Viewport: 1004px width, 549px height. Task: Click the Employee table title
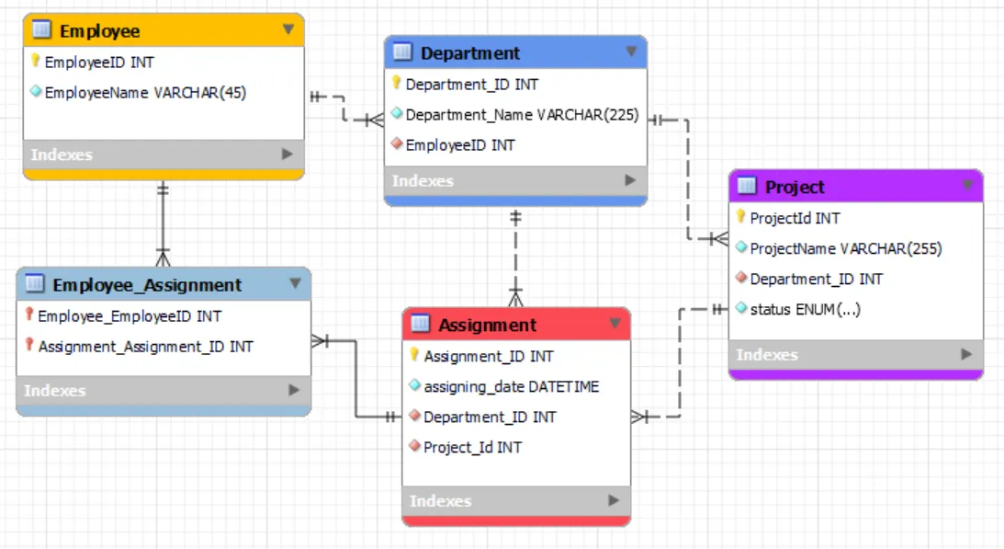pyautogui.click(x=99, y=31)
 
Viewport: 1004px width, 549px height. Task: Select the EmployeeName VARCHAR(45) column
pyautogui.click(x=145, y=92)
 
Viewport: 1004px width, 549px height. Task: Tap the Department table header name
pyautogui.click(x=470, y=53)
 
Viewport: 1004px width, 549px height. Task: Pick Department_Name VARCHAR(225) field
pyautogui.click(x=522, y=115)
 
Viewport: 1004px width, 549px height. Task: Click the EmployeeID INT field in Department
pyautogui.click(x=459, y=145)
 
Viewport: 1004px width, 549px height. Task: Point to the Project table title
pyautogui.click(x=795, y=188)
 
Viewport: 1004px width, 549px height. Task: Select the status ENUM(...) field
pyautogui.click(x=805, y=309)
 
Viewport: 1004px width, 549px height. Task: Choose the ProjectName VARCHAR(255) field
pyautogui.click(x=845, y=248)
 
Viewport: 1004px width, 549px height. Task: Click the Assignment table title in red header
pyautogui.click(x=487, y=326)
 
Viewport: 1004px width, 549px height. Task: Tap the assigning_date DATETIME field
pyautogui.click(x=511, y=386)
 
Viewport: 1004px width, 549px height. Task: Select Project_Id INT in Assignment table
pyautogui.click(x=472, y=447)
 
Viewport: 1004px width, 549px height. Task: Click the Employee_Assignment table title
pyautogui.click(x=147, y=285)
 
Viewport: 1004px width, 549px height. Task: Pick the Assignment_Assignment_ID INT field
pyautogui.click(x=145, y=347)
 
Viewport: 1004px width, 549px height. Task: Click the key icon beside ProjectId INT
pyautogui.click(x=741, y=218)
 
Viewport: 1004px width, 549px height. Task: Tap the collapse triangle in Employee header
pyautogui.click(x=288, y=30)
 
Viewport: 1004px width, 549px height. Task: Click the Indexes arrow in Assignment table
pyautogui.click(x=614, y=500)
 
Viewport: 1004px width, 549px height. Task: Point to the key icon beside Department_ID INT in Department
pyautogui.click(x=397, y=84)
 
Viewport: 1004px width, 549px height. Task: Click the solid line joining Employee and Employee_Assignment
pyautogui.click(x=163, y=221)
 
